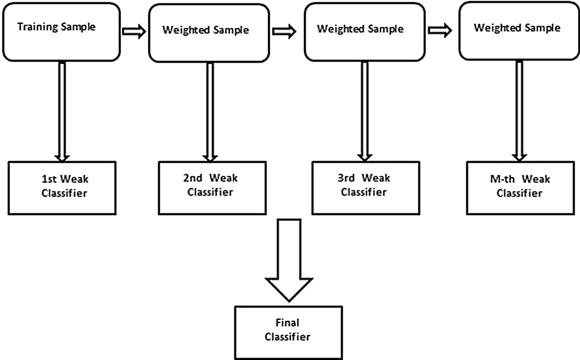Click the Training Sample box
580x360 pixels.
click(x=61, y=32)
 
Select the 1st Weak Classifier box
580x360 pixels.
click(x=62, y=188)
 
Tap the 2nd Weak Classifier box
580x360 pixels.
click(x=212, y=188)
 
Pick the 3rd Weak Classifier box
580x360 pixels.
click(x=366, y=188)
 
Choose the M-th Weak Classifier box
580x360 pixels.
click(x=520, y=188)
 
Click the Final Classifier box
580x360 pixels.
click(x=288, y=332)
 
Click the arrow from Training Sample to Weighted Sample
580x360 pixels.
click(x=134, y=32)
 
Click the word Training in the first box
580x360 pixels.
click(x=37, y=27)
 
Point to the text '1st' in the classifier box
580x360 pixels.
click(x=49, y=179)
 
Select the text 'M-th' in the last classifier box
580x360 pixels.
click(x=502, y=179)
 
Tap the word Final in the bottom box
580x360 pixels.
click(x=287, y=323)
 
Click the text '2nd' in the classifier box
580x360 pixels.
click(x=192, y=178)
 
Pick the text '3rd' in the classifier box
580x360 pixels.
click(x=346, y=178)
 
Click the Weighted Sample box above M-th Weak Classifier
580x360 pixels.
click(x=519, y=32)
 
